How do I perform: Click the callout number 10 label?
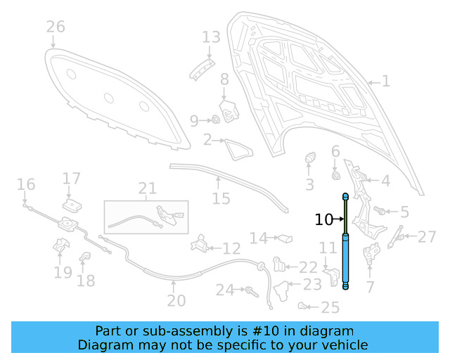point(323,220)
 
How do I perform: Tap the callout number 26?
point(56,27)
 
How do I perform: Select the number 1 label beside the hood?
point(385,82)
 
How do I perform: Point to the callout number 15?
point(221,199)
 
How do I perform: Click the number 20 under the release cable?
point(176,301)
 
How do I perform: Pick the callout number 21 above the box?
point(147,188)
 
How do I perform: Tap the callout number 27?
point(427,237)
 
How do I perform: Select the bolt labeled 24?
point(248,289)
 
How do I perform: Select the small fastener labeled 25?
point(303,305)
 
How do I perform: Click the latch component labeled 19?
point(61,248)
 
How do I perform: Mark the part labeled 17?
point(70,205)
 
